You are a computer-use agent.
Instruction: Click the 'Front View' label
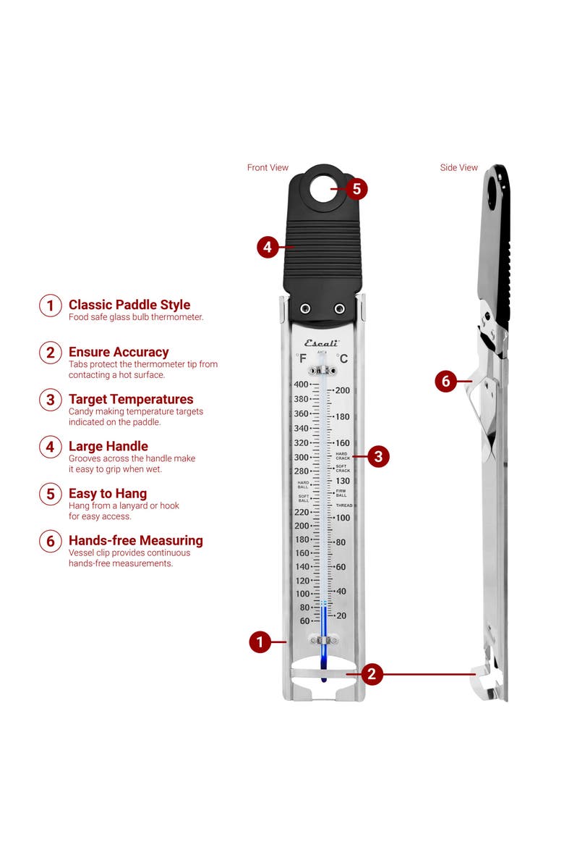click(268, 167)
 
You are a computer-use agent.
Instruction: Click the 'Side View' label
click(459, 167)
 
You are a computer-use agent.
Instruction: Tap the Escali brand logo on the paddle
click(321, 343)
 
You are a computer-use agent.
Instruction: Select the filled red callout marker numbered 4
click(268, 247)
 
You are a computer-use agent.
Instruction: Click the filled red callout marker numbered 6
click(445, 381)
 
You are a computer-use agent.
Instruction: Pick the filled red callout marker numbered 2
click(371, 674)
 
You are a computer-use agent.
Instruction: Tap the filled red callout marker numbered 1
click(260, 642)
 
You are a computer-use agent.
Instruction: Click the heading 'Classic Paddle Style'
click(129, 305)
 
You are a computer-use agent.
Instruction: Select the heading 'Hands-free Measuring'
click(135, 540)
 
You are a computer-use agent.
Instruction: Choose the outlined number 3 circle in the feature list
click(50, 400)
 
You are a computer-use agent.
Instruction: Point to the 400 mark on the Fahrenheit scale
click(300, 384)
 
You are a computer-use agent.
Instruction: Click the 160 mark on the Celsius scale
click(341, 443)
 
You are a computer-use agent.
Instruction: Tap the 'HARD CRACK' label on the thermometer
click(342, 455)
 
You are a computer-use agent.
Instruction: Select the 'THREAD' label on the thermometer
click(343, 505)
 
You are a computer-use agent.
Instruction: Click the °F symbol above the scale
click(301, 358)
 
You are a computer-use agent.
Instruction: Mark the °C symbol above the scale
click(342, 358)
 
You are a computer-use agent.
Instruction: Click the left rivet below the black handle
click(305, 308)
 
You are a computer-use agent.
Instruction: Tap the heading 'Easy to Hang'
click(108, 494)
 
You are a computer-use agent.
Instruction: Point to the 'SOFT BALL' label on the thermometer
click(304, 498)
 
